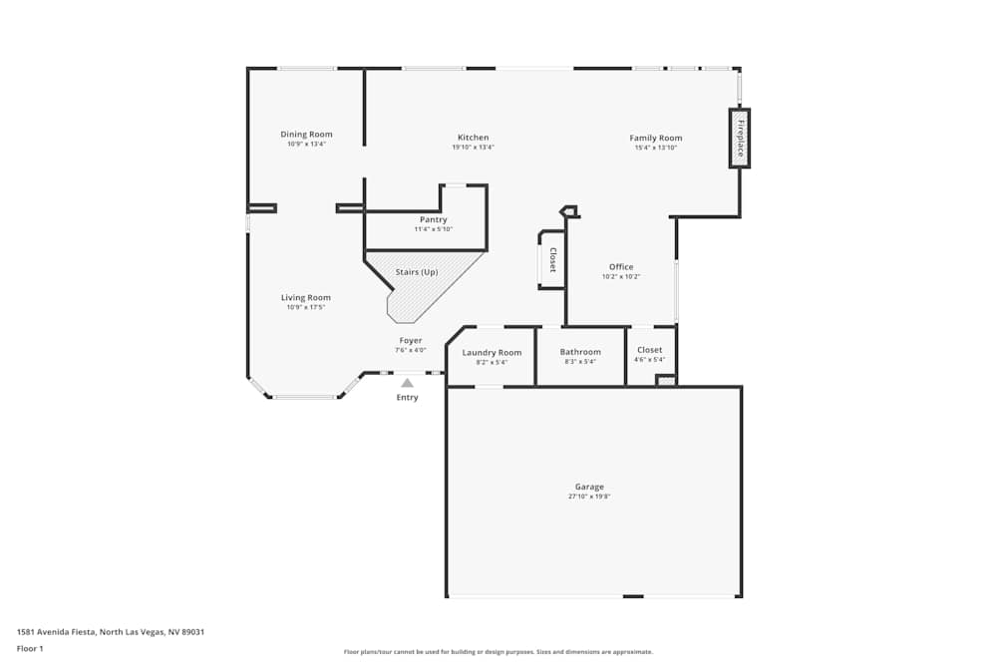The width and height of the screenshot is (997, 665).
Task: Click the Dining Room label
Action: click(306, 135)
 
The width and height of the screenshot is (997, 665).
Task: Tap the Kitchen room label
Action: click(473, 138)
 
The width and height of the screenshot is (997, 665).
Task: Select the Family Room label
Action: click(656, 138)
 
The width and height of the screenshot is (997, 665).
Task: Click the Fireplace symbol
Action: click(740, 139)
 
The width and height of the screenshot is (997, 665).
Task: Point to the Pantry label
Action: click(433, 219)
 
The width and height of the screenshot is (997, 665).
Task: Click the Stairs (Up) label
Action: click(417, 272)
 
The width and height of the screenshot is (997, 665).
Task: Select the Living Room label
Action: click(306, 297)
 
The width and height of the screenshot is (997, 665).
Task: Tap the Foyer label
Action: click(411, 341)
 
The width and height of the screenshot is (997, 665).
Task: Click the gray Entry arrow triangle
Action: click(407, 383)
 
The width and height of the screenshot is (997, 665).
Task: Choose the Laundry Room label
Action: click(492, 353)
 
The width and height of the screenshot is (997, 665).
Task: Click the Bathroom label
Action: click(580, 352)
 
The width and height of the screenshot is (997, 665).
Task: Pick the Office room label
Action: click(621, 267)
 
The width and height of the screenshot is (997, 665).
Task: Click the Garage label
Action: click(589, 487)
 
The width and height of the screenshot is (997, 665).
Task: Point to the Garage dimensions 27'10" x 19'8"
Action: click(589, 497)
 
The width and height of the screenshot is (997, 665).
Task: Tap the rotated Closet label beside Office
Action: click(552, 260)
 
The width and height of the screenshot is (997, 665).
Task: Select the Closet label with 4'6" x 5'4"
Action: click(649, 350)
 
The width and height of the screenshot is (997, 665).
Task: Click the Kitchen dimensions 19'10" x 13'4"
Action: click(473, 148)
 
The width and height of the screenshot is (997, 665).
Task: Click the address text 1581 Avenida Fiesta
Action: click(56, 632)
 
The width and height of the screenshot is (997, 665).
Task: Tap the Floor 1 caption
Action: click(30, 648)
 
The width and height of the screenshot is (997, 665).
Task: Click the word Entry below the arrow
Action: click(407, 398)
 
